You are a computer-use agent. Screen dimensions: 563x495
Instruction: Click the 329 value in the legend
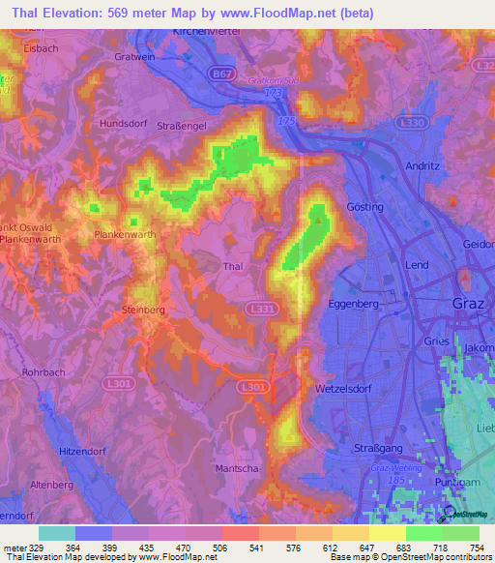(32, 548)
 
